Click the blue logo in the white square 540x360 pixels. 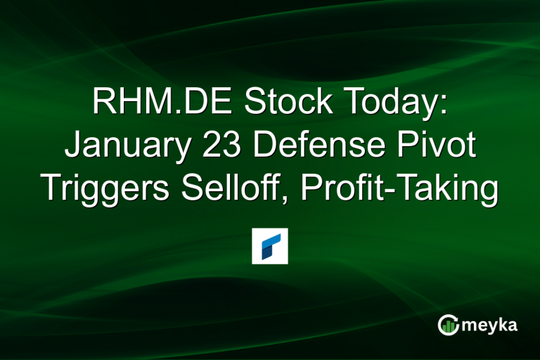click(x=270, y=245)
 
